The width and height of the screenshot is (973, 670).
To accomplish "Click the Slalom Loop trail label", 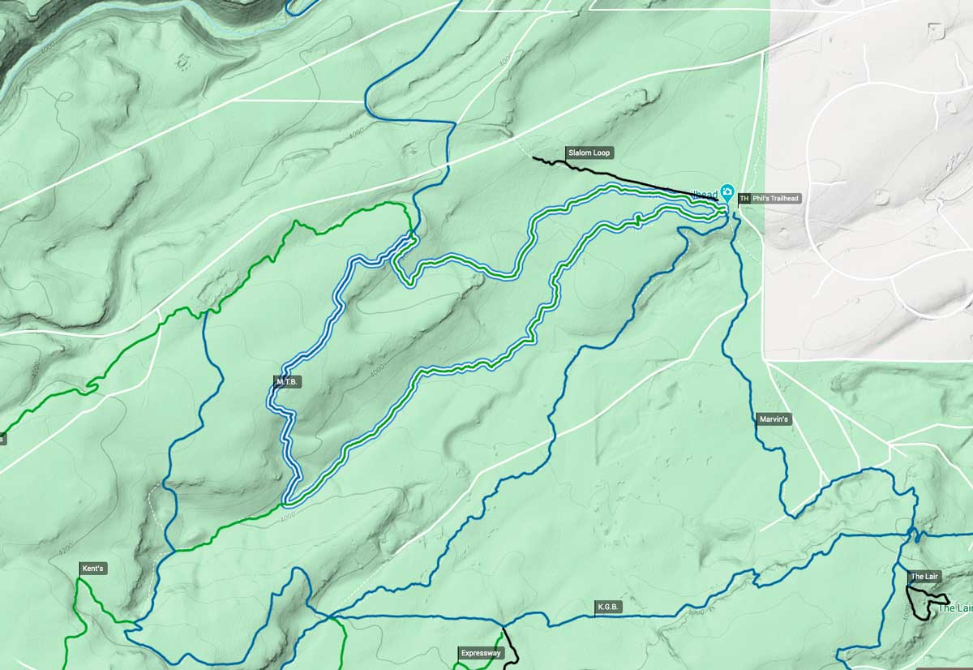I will (589, 152).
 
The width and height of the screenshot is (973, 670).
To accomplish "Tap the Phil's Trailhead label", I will (776, 198).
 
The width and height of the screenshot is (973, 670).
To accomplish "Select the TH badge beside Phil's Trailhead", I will (744, 198).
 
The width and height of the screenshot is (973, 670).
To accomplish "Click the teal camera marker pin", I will (727, 194).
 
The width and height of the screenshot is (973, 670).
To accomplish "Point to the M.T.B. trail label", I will (288, 380).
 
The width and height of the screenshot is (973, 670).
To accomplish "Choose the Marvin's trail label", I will (774, 419).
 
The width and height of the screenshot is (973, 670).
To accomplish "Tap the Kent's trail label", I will (92, 569).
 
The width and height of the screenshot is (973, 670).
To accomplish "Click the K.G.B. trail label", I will (608, 606).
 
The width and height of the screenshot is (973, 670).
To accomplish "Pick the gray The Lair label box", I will (924, 577).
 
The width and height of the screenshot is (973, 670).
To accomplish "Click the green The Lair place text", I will (954, 608).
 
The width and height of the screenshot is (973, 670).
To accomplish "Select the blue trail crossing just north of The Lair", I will (915, 535).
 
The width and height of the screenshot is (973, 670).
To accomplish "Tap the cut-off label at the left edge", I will (2, 439).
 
